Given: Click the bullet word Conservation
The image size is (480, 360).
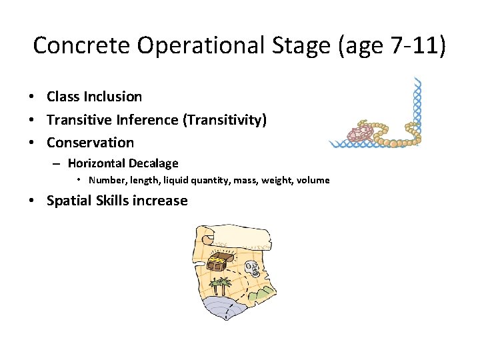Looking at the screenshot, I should pos(90,142).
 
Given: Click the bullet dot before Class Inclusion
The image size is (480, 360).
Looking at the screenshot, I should pos(32,97).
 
